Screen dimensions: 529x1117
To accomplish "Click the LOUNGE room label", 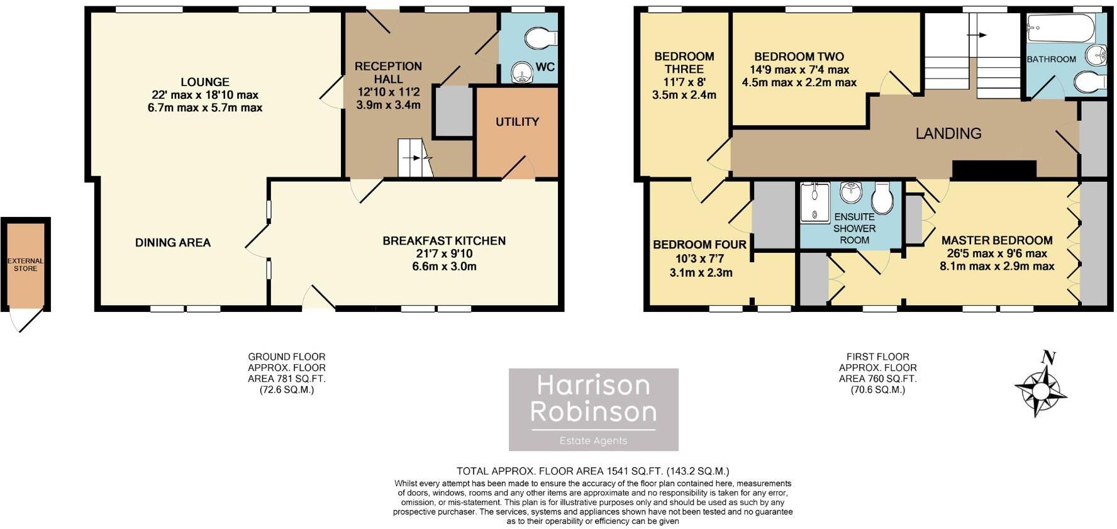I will [x=204, y=82].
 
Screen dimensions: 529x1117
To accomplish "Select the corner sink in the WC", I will [x=521, y=72].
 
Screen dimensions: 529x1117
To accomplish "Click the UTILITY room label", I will [x=517, y=122].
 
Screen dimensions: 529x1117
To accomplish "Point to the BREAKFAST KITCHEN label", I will [x=444, y=241].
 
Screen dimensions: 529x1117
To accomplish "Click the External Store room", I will [x=26, y=264].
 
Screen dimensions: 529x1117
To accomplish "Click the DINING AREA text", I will [x=173, y=243].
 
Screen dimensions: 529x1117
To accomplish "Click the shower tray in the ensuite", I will [x=814, y=202].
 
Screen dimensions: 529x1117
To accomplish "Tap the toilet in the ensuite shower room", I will [x=882, y=199].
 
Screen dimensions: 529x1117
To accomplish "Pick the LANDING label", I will [x=948, y=133].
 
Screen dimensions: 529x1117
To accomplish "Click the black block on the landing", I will [x=994, y=170].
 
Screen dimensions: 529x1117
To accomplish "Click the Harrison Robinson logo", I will [x=593, y=409].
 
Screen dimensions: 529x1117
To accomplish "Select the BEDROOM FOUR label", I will [x=699, y=245].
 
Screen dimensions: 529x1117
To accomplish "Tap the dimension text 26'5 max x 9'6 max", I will [x=997, y=253].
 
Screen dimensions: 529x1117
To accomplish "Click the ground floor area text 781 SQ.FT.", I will [x=287, y=379].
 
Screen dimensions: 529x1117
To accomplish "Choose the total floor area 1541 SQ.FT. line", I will [x=592, y=471].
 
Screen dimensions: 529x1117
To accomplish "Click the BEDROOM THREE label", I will [x=684, y=63].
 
